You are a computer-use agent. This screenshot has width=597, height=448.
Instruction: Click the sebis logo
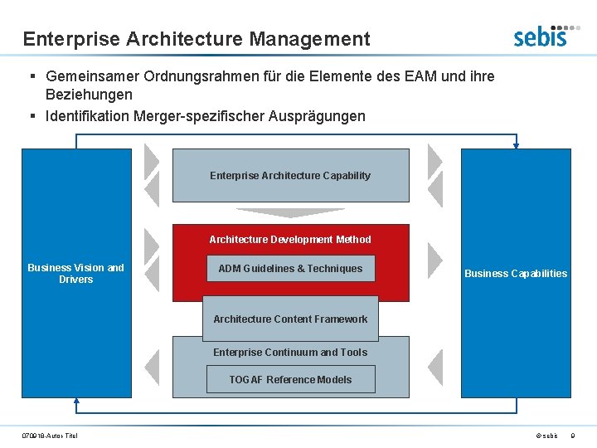[x=540, y=35]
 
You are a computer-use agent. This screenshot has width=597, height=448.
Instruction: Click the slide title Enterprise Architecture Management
[x=197, y=38]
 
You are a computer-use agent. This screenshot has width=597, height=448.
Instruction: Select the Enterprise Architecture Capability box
[x=290, y=175]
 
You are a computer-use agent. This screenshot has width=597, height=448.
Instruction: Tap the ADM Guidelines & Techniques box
[x=290, y=268]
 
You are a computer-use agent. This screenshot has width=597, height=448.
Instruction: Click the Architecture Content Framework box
[x=290, y=319]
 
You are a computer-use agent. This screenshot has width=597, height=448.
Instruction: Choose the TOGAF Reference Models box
[x=290, y=379]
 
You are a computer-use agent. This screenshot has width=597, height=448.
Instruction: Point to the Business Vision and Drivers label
[x=75, y=273]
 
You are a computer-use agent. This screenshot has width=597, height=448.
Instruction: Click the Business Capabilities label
[x=516, y=273]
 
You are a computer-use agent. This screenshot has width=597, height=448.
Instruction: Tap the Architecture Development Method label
[x=290, y=239]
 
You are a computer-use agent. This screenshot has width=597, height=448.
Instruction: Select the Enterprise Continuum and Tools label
[x=290, y=352]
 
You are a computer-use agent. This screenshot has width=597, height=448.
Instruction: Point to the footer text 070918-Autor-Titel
[x=50, y=436]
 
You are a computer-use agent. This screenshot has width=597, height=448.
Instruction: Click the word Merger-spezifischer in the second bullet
[x=206, y=116]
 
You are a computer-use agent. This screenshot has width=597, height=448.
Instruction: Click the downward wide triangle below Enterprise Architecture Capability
[x=290, y=212]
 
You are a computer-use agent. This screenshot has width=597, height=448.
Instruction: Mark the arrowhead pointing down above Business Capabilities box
[x=516, y=145]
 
